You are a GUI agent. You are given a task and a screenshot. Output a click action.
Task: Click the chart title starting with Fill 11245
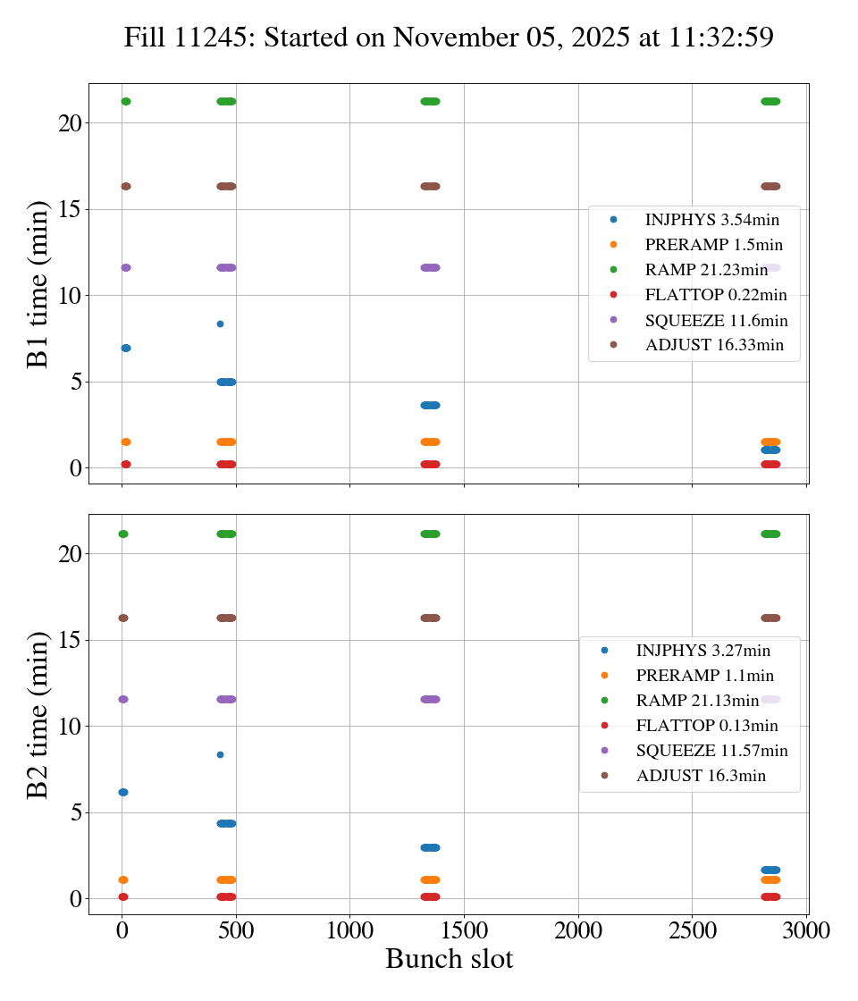(x=448, y=37)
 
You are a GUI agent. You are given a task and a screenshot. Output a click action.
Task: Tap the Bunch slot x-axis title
(x=449, y=959)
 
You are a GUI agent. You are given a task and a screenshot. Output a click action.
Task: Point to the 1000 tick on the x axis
(x=349, y=930)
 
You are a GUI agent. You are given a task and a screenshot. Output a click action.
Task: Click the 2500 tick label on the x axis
(x=693, y=930)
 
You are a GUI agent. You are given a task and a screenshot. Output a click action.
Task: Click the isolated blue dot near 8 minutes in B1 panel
(x=220, y=324)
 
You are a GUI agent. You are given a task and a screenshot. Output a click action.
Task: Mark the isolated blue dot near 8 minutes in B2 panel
(x=220, y=754)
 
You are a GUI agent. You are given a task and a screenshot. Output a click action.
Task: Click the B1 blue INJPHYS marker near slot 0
(x=126, y=348)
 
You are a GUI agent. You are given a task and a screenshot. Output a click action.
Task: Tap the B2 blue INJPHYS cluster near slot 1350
(x=430, y=847)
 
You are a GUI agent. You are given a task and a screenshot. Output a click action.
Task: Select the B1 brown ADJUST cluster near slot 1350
(x=430, y=186)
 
